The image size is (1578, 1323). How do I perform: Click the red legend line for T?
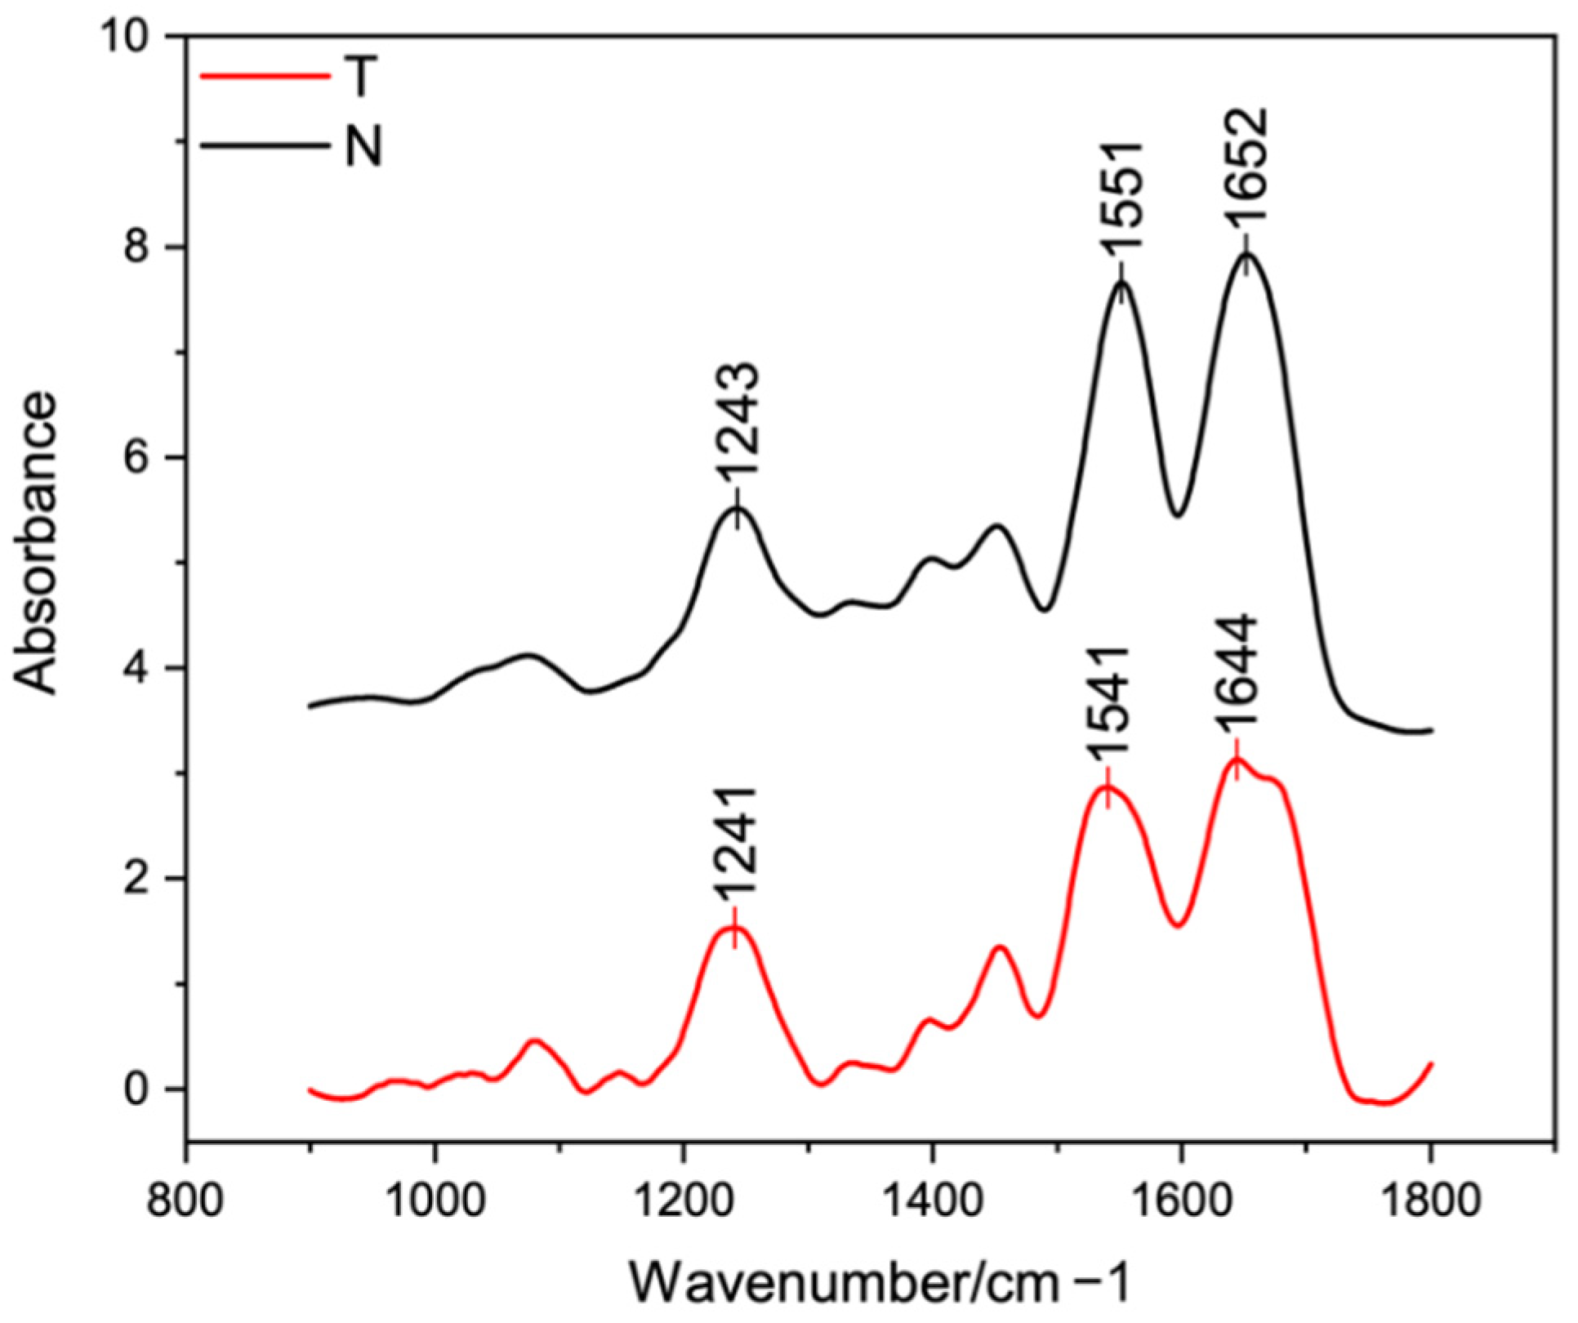[265, 77]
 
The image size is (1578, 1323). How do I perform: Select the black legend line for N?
[265, 148]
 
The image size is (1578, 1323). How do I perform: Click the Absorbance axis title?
[38, 544]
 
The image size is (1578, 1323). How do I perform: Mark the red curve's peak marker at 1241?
[734, 928]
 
